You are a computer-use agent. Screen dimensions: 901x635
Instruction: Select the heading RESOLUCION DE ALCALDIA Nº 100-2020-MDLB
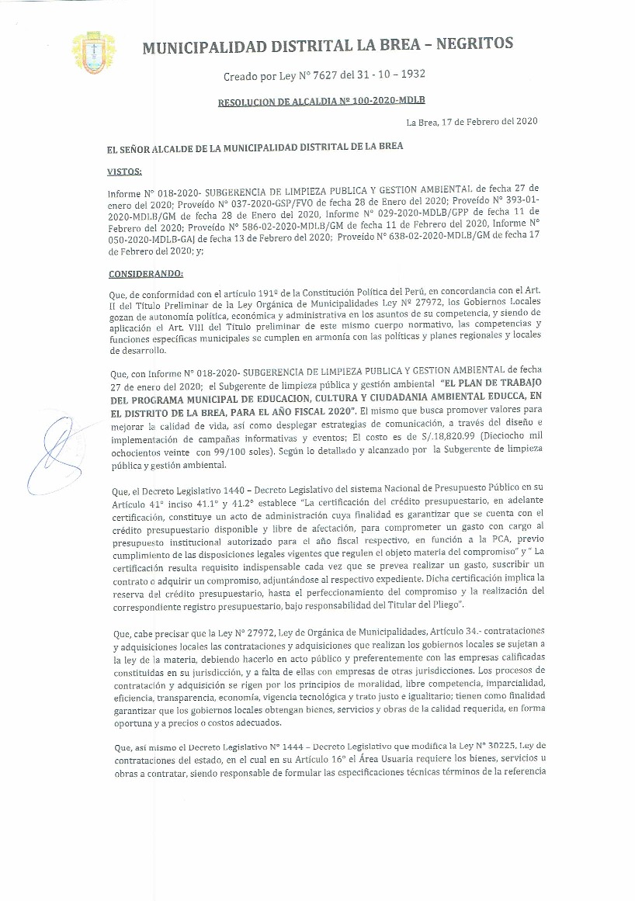click(321, 101)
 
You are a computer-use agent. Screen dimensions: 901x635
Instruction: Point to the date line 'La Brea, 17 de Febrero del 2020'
click(472, 122)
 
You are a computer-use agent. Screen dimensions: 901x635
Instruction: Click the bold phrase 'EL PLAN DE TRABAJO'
click(491, 383)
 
